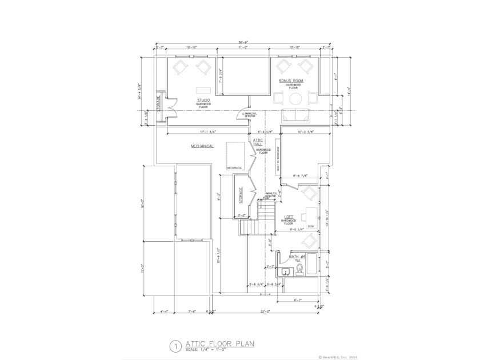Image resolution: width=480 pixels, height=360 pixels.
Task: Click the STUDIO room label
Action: click(203, 100)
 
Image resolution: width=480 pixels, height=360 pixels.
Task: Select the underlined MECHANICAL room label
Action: click(202, 146)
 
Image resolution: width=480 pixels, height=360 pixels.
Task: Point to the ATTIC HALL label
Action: click(258, 142)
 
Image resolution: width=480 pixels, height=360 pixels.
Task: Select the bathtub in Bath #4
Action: click(313, 265)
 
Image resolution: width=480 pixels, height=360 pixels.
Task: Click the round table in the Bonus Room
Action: click(295, 99)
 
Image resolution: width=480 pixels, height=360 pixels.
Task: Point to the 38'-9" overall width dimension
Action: click(243, 41)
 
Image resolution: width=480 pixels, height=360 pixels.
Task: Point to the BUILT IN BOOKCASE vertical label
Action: click(278, 163)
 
